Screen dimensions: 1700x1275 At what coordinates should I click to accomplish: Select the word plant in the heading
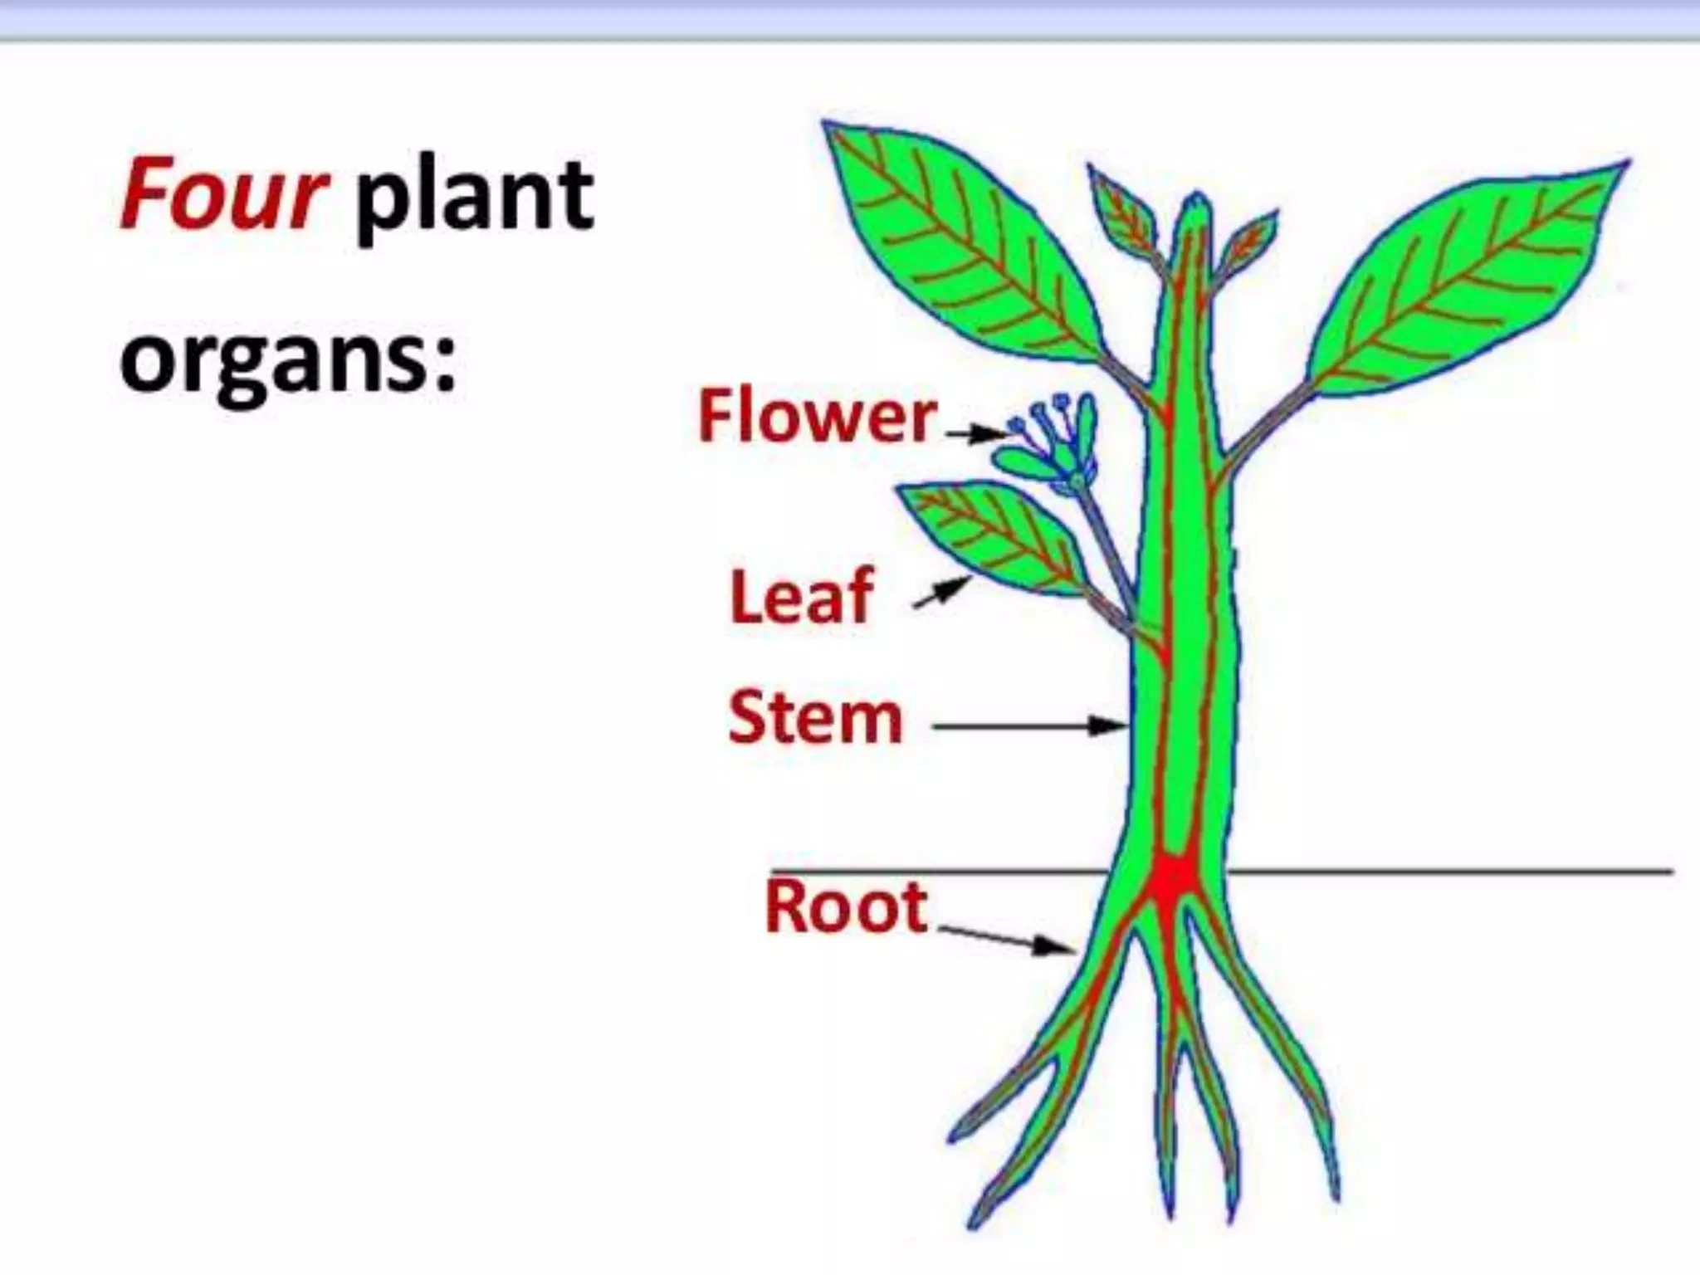474,199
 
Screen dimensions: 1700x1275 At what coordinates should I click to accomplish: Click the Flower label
817,417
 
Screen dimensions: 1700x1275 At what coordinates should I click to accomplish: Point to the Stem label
815,718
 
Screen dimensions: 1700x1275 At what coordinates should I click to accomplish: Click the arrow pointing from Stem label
1029,727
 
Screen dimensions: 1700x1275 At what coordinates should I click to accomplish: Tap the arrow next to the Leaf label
941,594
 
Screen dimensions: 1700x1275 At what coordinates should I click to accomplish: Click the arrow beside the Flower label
976,432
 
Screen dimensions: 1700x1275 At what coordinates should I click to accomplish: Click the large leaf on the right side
1461,274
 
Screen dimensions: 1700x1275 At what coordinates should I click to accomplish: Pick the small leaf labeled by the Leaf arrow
992,535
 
